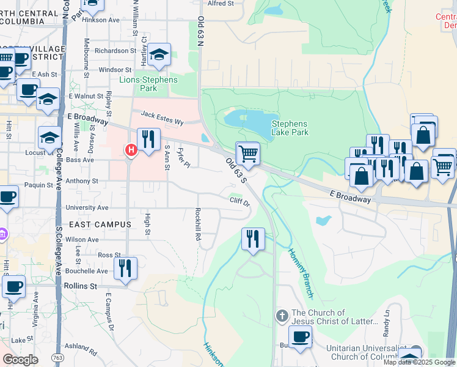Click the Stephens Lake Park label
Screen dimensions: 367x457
point(290,127)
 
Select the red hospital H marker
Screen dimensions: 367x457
point(130,150)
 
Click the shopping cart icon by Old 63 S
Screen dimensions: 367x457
point(247,154)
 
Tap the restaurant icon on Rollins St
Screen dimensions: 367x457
point(125,269)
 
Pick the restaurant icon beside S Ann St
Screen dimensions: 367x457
point(148,141)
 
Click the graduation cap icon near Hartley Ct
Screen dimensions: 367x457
point(159,56)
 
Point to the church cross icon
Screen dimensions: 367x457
point(282,316)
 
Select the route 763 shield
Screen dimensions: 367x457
point(57,357)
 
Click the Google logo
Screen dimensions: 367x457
point(20,360)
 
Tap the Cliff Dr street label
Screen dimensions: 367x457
point(239,201)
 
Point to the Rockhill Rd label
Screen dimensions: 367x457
point(198,223)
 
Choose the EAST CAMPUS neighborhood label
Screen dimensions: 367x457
point(100,224)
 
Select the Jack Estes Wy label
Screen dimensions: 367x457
point(163,118)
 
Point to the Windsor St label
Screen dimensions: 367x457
point(115,70)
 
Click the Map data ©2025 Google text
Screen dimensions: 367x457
point(419,362)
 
